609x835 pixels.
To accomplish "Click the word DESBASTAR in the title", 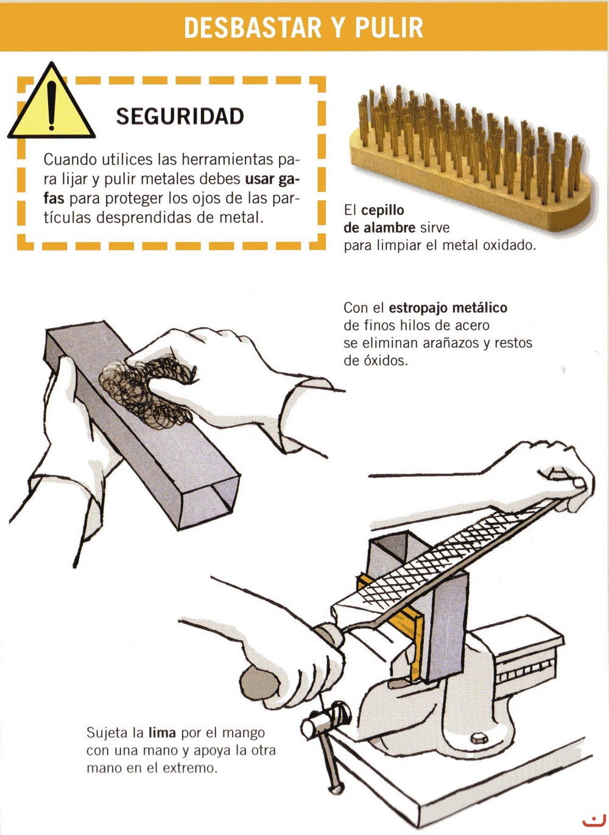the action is (x=252, y=27).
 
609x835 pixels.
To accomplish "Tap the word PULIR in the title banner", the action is (x=389, y=27).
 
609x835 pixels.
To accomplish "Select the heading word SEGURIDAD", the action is (x=180, y=116).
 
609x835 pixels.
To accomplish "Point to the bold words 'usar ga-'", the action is (x=272, y=179).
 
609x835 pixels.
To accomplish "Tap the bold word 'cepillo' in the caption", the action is (x=383, y=211).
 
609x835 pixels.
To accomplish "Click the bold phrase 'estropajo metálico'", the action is (x=448, y=308).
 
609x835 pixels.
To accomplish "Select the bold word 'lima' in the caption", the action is (x=162, y=733).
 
